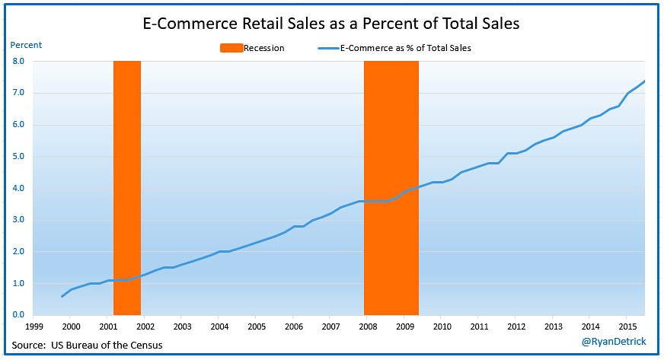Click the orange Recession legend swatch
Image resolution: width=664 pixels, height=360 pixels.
[231, 48]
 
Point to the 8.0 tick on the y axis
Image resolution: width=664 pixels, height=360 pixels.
[18, 62]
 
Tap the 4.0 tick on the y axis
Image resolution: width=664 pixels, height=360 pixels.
[18, 188]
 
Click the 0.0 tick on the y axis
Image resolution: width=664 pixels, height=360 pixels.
[18, 315]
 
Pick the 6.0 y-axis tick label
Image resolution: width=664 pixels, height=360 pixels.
[18, 125]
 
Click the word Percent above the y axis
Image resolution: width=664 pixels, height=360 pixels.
[26, 45]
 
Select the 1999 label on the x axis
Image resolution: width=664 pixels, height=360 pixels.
[33, 327]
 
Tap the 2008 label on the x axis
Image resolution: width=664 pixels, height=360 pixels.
[367, 327]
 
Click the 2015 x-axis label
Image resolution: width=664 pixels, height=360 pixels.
[626, 327]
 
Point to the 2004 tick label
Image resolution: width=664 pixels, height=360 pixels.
[219, 327]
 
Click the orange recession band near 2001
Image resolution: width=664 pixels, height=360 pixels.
[127, 183]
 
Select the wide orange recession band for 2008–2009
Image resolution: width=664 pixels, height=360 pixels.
[391, 183]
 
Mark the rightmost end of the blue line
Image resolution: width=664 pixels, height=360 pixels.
[645, 81]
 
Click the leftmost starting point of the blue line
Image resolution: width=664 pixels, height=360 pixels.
[62, 296]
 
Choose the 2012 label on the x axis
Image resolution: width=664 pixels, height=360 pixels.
[515, 327]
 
